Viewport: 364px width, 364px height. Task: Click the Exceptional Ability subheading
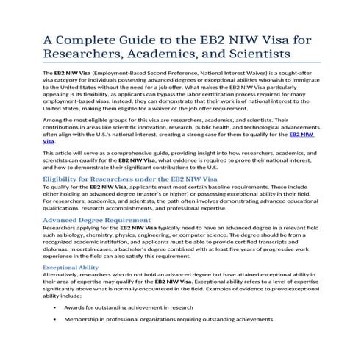70,268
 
